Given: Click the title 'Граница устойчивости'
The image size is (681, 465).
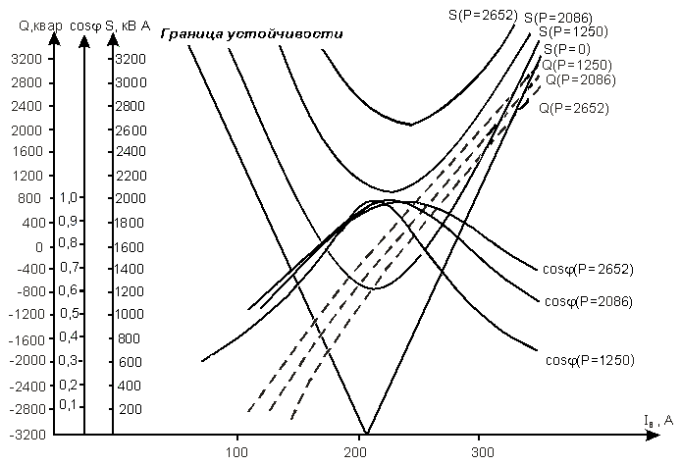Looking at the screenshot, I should point(250,33).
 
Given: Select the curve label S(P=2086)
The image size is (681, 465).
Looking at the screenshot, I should point(558,18).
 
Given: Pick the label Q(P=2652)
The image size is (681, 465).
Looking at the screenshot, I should point(573,108).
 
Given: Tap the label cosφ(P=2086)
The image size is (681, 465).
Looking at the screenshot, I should point(586,300).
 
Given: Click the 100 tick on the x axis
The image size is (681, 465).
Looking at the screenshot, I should point(236,452).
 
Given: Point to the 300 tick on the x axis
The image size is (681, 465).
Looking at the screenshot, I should point(478,452).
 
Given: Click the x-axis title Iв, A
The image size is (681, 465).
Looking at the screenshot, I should point(658,421).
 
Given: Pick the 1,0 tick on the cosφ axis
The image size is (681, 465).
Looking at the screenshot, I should point(67,197).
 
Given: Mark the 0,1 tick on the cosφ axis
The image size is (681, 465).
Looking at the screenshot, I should point(67,404).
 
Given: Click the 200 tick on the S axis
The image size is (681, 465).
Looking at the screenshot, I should point(130,409).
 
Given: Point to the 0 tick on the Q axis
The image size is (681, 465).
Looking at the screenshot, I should point(38,246).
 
